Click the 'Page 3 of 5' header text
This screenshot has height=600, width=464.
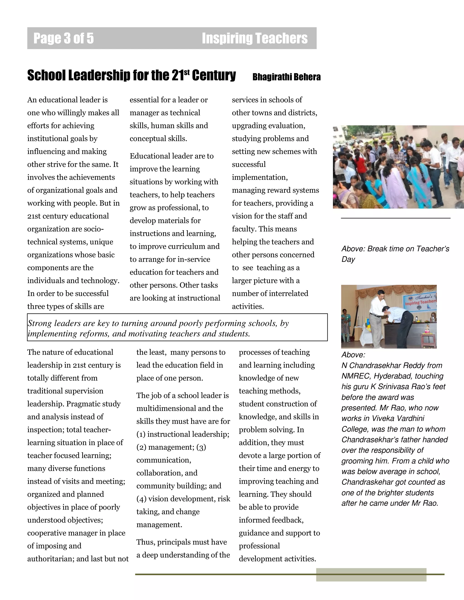click(63, 38)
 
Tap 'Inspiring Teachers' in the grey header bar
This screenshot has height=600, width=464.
click(254, 38)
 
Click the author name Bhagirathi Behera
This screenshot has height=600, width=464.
click(286, 77)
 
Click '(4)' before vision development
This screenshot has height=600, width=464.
click(141, 499)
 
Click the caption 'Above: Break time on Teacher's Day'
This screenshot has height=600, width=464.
click(395, 254)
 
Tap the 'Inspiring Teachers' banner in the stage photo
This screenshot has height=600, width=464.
click(420, 302)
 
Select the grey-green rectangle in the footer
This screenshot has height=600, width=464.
click(371, 575)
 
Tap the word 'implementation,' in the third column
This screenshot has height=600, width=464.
click(259, 178)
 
